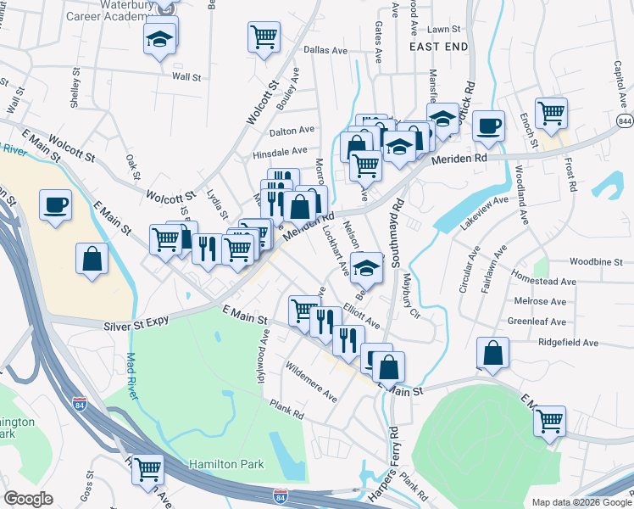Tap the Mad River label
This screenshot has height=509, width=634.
pos(131,371)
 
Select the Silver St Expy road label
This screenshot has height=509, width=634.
pos(137,321)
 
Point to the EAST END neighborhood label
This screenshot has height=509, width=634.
pos(438,48)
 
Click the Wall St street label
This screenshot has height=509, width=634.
pos(186,76)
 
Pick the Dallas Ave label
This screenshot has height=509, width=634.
pos(325,51)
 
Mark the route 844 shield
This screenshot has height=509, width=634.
pos(624,122)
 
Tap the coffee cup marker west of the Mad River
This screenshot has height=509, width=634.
pos(55,206)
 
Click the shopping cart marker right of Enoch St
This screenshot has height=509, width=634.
pos(551,114)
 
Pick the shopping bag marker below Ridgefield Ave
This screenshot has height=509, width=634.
pos(492,353)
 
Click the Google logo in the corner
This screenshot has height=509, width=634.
pos(28,499)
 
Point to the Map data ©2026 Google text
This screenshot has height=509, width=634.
pos(581,502)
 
